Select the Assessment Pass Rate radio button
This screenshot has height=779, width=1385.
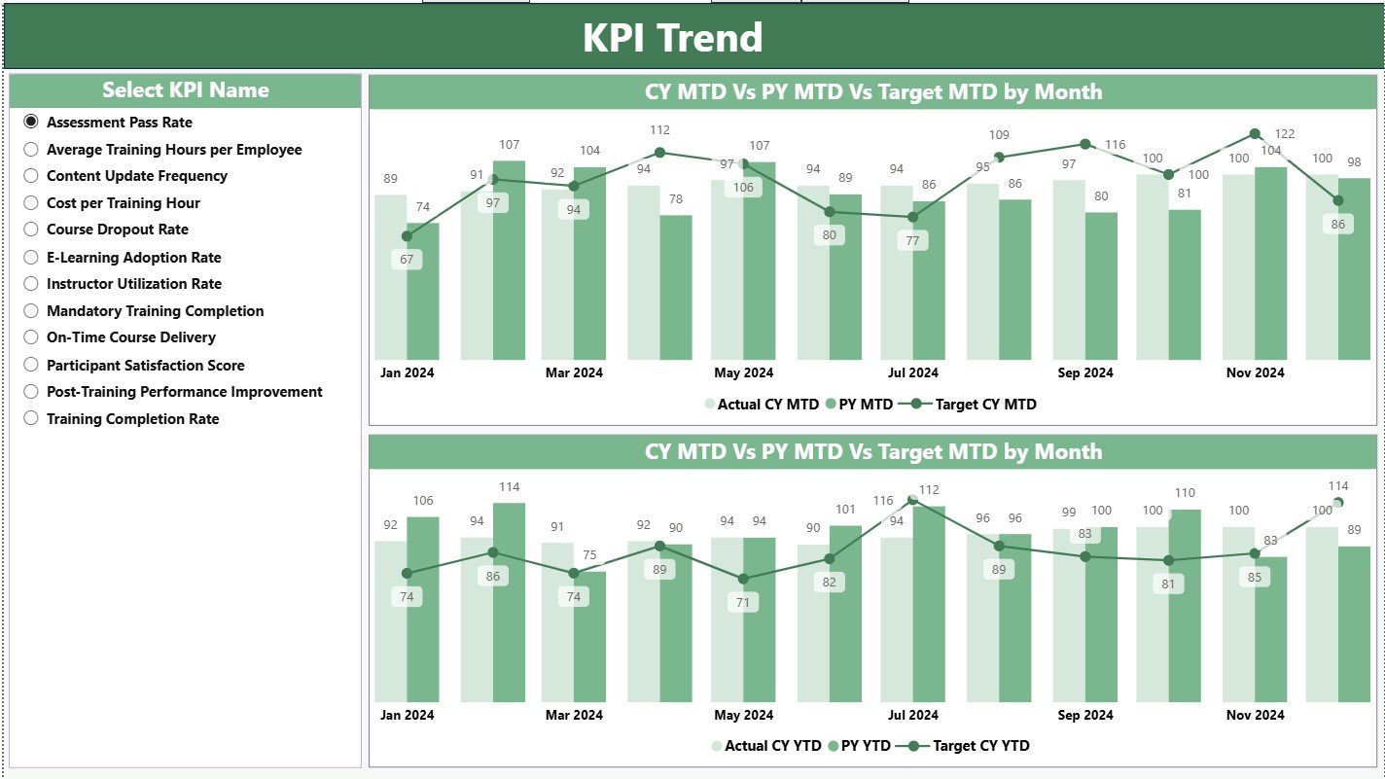tap(31, 122)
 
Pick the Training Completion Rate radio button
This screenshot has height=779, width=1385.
tap(31, 418)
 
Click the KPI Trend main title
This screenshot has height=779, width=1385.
tap(672, 38)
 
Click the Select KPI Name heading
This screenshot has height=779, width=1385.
tap(185, 90)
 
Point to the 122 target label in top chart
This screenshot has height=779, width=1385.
tap(1285, 134)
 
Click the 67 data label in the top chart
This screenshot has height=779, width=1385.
tap(407, 260)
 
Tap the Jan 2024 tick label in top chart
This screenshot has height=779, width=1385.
tap(407, 372)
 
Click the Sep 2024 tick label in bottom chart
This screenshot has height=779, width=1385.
tap(1085, 715)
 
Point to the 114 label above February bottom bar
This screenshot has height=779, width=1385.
tap(510, 486)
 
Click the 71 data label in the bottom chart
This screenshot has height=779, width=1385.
tap(744, 603)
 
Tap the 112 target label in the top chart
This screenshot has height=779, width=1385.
tap(659, 129)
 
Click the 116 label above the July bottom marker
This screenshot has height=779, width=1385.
tap(883, 501)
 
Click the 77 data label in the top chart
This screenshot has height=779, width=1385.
tap(912, 241)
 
